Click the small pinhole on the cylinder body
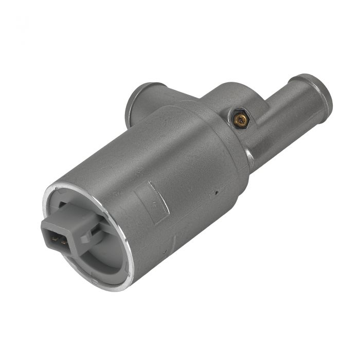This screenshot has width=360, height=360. coord(218,192)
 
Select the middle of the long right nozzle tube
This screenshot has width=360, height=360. coord(288,111)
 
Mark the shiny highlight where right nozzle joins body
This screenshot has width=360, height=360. coord(249,154)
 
